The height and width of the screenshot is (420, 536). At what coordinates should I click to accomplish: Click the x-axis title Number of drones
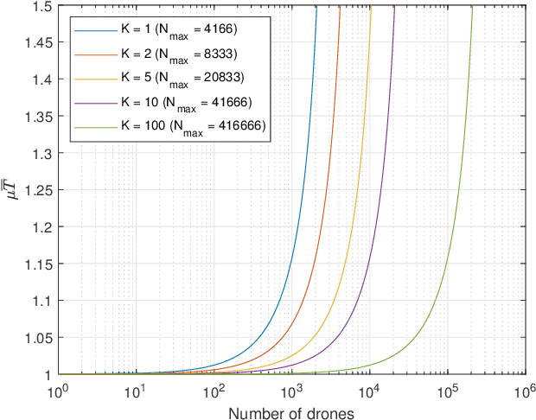[x=291, y=410]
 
